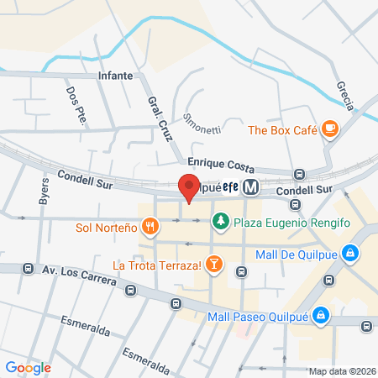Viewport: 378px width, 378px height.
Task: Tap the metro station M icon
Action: pyautogui.click(x=249, y=190)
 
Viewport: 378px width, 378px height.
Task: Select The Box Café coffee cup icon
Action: pyautogui.click(x=330, y=129)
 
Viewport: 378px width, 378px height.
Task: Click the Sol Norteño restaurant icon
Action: pyautogui.click(x=150, y=226)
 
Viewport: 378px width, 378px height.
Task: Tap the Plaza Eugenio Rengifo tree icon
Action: pyautogui.click(x=220, y=221)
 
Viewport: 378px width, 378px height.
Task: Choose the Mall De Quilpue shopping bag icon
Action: pyautogui.click(x=350, y=252)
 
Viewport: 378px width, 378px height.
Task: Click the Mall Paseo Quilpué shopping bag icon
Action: pyautogui.click(x=320, y=316)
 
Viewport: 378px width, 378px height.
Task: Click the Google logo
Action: pyautogui.click(x=28, y=367)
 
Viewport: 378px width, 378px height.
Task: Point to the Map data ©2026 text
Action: pyautogui.click(x=339, y=371)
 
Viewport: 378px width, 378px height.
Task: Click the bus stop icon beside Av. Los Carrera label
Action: pyautogui.click(x=29, y=270)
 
